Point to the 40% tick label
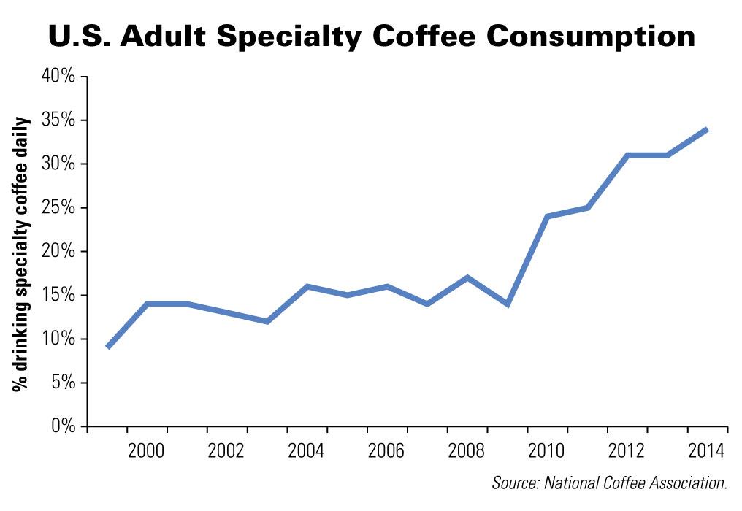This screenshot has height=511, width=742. coord(59,76)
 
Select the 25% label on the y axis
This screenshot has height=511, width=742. coord(59,207)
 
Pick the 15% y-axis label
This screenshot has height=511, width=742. coord(59,295)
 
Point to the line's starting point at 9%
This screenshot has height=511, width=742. coord(108,347)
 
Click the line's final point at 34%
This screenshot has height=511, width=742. coord(707,129)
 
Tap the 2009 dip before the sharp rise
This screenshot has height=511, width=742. coord(507,304)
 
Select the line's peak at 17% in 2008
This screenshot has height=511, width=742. coord(467,277)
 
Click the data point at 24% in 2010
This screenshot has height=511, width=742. coord(547,216)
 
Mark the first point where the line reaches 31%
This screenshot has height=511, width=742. coord(627,155)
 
